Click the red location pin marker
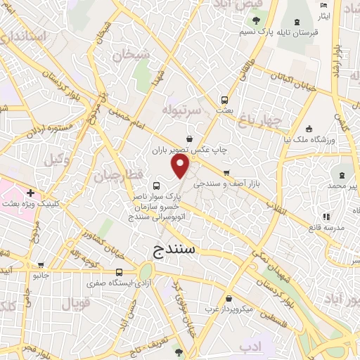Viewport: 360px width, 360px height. (x=181, y=167)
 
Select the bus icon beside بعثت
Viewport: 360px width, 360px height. (x=224, y=100)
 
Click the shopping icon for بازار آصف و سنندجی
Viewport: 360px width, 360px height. (x=226, y=173)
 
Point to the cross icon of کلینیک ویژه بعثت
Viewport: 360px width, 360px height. (x=30, y=193)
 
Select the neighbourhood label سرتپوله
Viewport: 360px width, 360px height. (x=182, y=110)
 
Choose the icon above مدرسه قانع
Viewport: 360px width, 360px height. (x=325, y=217)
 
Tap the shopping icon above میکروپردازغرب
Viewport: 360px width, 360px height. (x=229, y=298)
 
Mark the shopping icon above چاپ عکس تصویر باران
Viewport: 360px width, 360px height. (x=190, y=139)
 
